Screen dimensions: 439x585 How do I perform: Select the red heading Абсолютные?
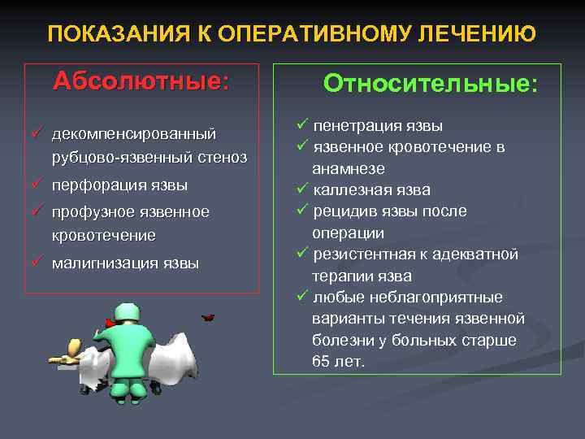(x=141, y=82)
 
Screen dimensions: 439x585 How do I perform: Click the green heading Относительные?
(x=430, y=85)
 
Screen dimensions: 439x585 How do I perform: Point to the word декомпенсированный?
(x=134, y=133)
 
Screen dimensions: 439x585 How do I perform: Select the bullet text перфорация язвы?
(x=119, y=185)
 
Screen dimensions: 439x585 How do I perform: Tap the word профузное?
(x=87, y=212)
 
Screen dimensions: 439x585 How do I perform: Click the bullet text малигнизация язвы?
(x=125, y=263)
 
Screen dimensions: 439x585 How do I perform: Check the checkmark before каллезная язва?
(x=300, y=190)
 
